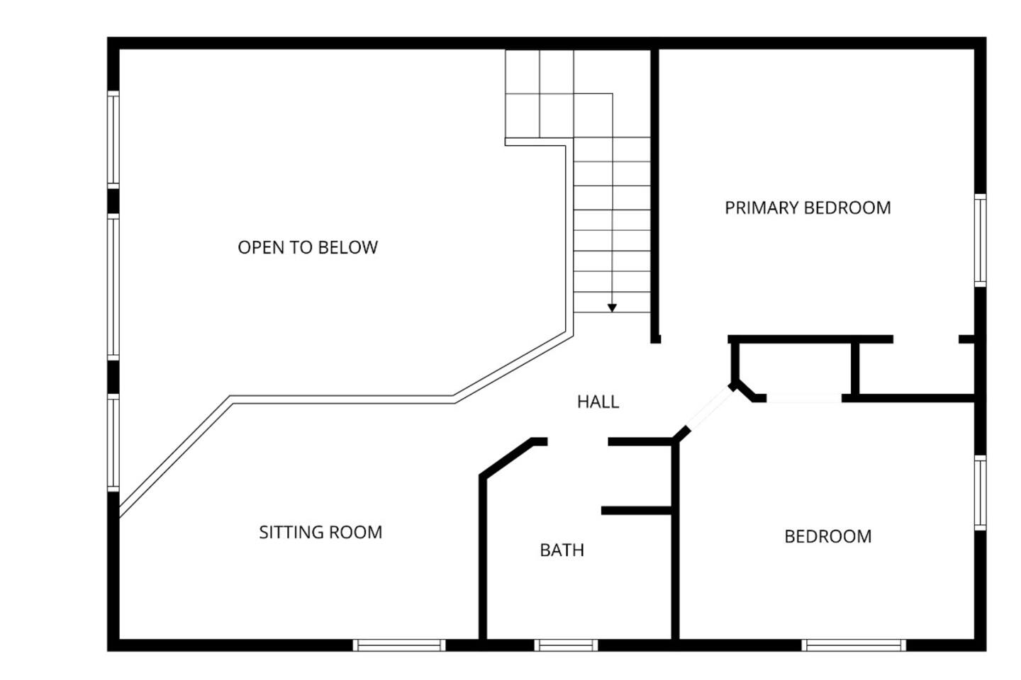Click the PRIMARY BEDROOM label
tap(808, 208)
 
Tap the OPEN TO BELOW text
tap(308, 247)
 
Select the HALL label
tap(598, 402)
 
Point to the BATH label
tap(562, 550)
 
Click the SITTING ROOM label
tap(320, 532)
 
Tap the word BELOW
tap(347, 247)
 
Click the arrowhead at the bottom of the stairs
tap(612, 308)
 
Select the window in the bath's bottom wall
tap(566, 645)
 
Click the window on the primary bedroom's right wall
tap(980, 241)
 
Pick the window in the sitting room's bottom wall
tap(398, 645)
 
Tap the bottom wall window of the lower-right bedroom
tap(854, 645)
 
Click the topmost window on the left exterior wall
tap(113, 140)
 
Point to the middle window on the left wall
tap(113, 287)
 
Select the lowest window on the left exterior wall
tap(113, 443)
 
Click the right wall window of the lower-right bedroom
tap(980, 493)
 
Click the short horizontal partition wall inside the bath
tap(637, 511)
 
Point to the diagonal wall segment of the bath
tap(506, 458)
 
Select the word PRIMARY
tap(761, 208)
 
